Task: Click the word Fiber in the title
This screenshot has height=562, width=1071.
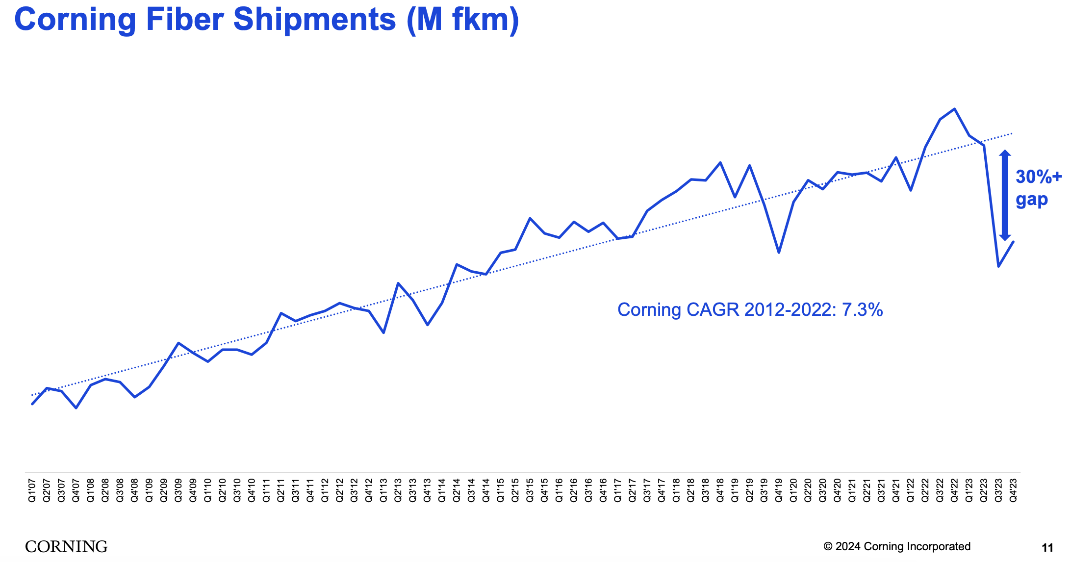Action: tap(185, 20)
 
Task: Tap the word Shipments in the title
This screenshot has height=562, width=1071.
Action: tap(314, 20)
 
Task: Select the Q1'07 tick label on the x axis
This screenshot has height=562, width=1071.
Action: tap(32, 490)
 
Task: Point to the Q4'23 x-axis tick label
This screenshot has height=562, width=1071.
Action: tap(1013, 490)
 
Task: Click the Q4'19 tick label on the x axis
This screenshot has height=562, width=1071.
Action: tap(779, 490)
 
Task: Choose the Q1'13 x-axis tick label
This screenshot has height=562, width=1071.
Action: tap(383, 490)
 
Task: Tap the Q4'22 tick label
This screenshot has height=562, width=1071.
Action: tap(954, 490)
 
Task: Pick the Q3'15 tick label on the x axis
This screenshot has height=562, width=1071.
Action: tap(530, 490)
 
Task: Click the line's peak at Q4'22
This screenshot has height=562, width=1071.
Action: tap(954, 109)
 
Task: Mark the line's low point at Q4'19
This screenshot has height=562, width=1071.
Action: tap(779, 253)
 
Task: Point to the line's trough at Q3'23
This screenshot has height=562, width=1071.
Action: tap(998, 266)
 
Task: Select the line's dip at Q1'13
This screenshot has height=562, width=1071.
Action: tap(383, 333)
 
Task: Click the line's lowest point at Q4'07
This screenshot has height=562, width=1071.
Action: tap(76, 408)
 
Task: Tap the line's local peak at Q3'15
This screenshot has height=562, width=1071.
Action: tap(530, 218)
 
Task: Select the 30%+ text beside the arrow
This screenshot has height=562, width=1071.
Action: tap(1038, 177)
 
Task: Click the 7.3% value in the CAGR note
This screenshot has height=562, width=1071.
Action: tap(862, 310)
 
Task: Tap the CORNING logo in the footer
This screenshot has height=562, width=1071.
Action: tap(66, 546)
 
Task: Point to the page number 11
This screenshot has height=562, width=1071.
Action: tap(1047, 548)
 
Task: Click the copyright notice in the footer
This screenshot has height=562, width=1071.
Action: tap(897, 546)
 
